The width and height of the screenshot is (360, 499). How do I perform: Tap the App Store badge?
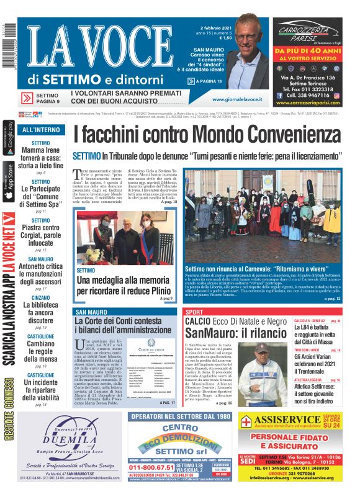coord(8,181)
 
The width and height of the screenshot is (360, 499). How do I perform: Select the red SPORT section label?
coord(194,312)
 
